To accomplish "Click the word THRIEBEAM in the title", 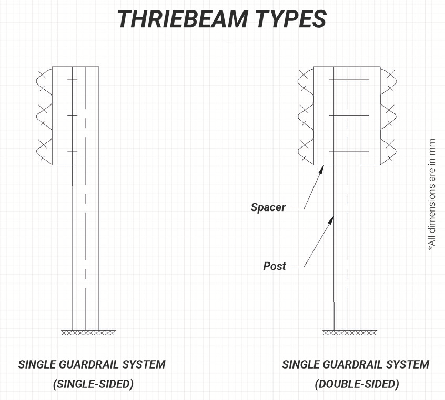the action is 182,19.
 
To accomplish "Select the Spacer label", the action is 268,207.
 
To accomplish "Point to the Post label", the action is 275,266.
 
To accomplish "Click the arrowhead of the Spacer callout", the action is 321,169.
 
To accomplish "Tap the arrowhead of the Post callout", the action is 331,220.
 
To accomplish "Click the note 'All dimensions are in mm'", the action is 432,195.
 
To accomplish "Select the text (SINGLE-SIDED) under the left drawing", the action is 93,384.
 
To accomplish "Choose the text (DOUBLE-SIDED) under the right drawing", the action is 357,384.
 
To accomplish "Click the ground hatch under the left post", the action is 88,333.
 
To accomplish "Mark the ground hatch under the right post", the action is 350,333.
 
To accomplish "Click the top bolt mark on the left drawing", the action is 73,80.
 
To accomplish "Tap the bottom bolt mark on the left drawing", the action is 73,152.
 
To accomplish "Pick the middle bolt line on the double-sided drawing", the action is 349,115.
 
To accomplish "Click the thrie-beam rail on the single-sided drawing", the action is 44,115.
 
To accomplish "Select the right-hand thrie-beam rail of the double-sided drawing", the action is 388,115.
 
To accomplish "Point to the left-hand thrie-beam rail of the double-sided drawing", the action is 306,115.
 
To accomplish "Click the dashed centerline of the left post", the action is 86,198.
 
